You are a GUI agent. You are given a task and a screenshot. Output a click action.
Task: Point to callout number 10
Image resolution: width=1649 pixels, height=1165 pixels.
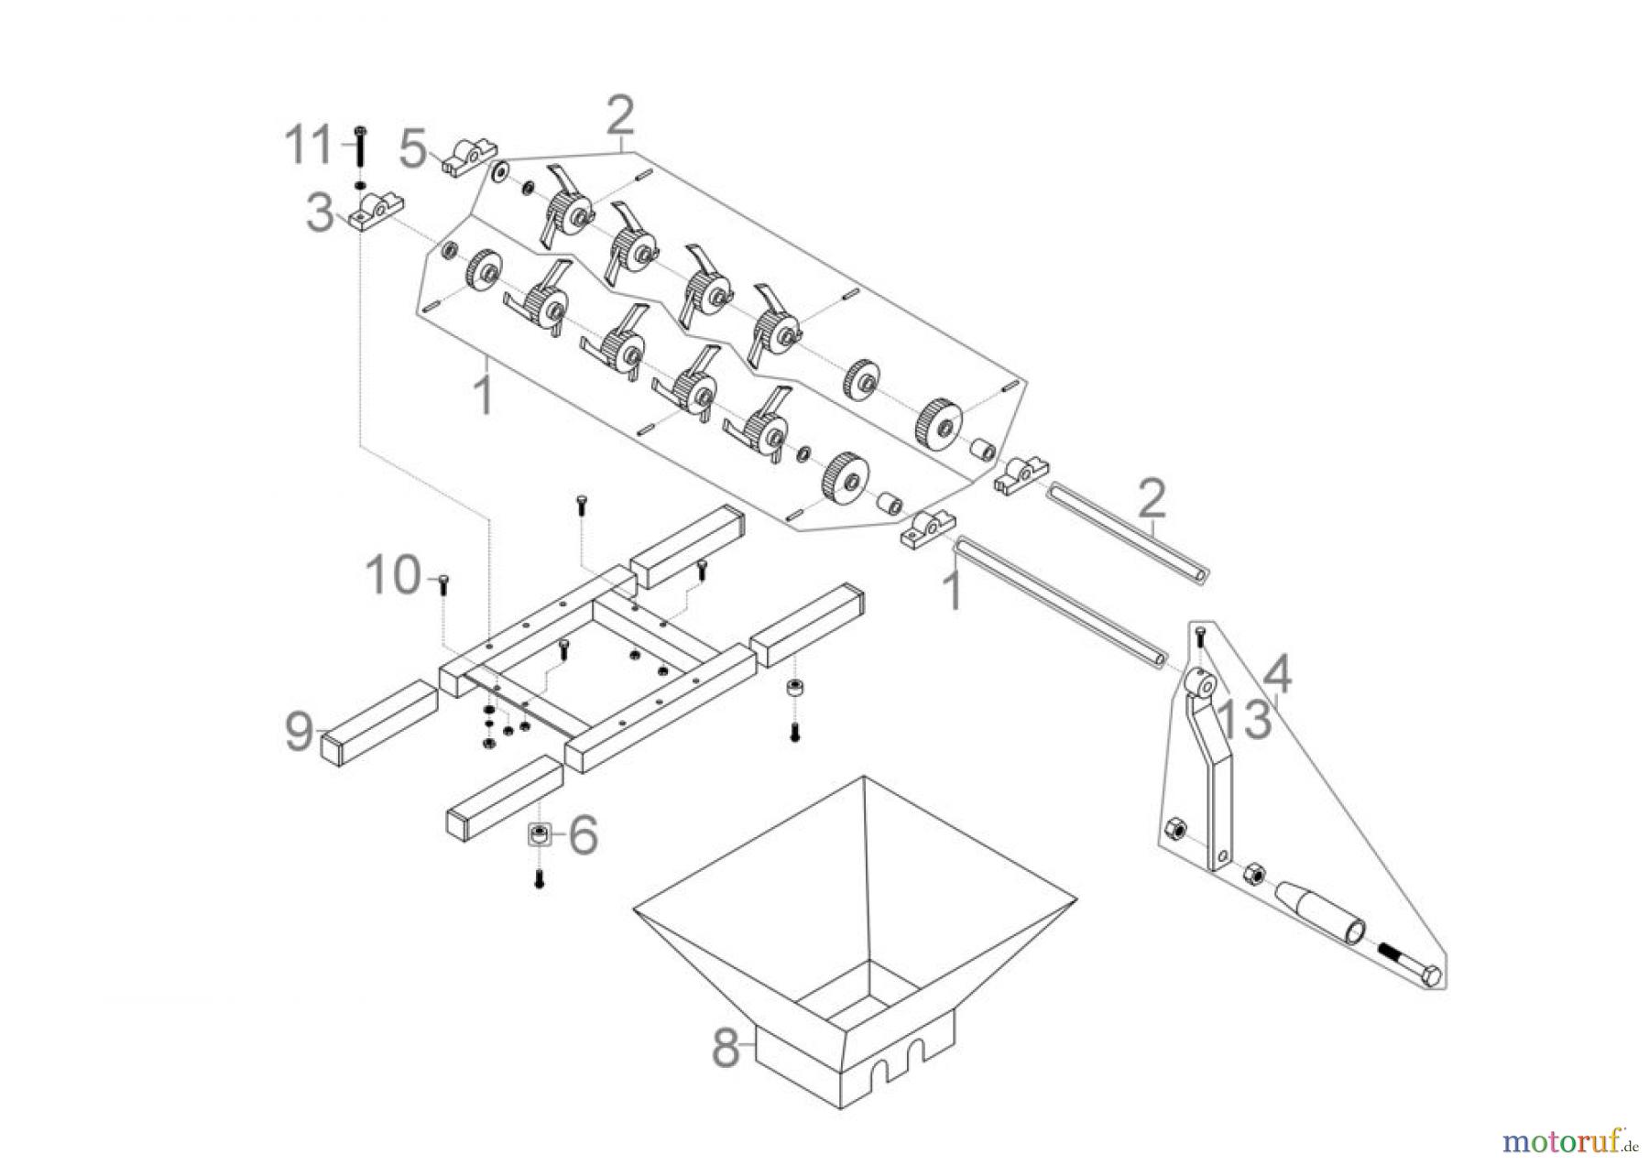[x=392, y=576]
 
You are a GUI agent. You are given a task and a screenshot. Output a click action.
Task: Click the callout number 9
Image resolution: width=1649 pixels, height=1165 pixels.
[x=299, y=731]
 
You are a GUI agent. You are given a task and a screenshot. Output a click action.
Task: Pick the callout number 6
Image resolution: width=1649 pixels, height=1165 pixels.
[x=583, y=834]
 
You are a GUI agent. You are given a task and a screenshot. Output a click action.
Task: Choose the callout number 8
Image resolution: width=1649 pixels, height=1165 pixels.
[x=726, y=1048]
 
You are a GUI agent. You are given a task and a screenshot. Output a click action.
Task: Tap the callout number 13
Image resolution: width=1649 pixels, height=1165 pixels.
[x=1245, y=718]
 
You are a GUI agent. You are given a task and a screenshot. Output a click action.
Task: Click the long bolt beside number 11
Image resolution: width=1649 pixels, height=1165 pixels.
[x=359, y=148]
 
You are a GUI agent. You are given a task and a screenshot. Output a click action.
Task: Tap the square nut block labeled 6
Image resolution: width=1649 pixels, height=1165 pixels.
[x=539, y=835]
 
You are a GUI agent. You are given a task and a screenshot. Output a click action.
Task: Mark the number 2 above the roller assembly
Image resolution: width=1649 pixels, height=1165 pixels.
[x=619, y=116]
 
